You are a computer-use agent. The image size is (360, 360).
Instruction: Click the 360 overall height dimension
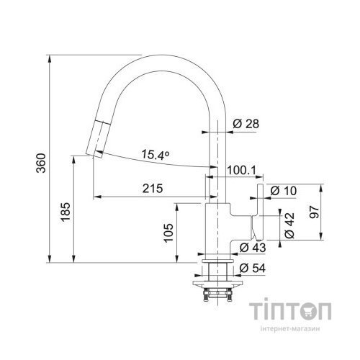[41, 163]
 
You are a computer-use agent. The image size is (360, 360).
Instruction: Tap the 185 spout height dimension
[65, 212]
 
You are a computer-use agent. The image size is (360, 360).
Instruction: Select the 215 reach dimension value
[153, 188]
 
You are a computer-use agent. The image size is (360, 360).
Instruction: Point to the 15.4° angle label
[156, 155]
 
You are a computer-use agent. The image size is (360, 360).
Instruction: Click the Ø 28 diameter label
[246, 124]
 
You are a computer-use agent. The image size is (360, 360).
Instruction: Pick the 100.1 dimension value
[241, 170]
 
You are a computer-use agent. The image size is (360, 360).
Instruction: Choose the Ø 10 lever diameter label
[284, 191]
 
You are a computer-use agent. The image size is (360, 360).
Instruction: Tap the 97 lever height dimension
[315, 212]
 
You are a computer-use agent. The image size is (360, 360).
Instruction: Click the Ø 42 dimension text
[289, 225]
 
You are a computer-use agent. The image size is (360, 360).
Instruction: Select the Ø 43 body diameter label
[253, 248]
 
